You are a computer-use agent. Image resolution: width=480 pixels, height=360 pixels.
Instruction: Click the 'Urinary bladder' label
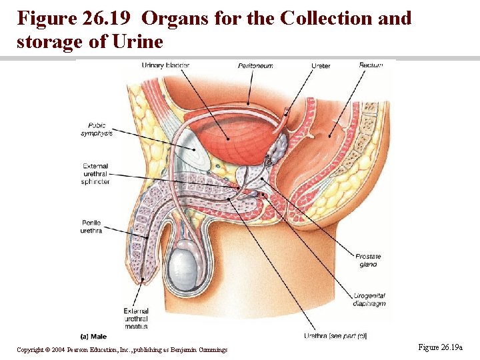(165, 65)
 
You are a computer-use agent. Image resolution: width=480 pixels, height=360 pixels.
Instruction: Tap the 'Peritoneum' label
(255, 65)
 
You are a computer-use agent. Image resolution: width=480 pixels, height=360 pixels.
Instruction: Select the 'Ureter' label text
(321, 65)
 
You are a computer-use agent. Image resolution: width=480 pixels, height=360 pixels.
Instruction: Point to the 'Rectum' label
(370, 65)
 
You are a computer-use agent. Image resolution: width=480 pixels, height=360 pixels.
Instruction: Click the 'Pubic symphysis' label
(97, 129)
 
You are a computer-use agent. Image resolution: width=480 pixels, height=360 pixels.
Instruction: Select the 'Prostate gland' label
(367, 261)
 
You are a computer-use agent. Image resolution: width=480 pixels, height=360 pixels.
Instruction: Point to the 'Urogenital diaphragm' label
(369, 299)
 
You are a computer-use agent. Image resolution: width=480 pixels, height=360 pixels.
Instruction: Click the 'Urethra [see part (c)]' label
(335, 336)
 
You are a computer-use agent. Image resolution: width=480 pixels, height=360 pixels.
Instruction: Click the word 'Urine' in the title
(139, 41)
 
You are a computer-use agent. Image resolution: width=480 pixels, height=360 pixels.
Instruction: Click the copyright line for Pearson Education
(122, 350)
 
